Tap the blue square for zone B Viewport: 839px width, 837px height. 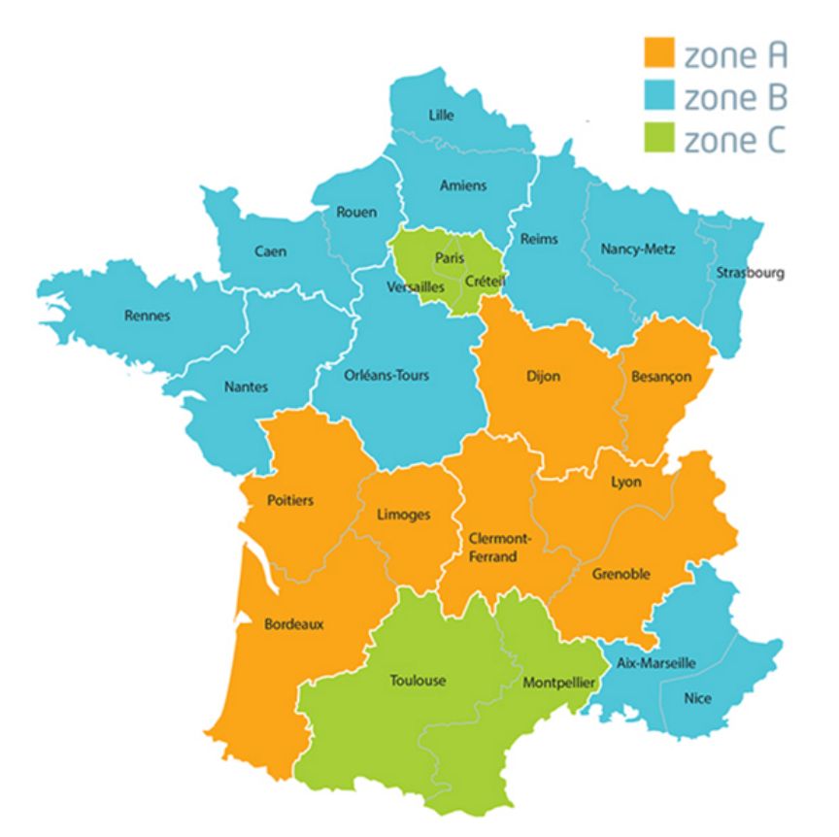(x=661, y=98)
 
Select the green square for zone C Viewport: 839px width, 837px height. (x=661, y=142)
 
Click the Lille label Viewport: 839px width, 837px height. (x=441, y=115)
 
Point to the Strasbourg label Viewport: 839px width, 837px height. (x=750, y=273)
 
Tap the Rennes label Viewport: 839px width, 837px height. (x=148, y=315)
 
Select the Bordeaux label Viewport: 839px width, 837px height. (x=294, y=624)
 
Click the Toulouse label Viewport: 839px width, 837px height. (x=418, y=680)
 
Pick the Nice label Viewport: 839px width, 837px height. (x=697, y=697)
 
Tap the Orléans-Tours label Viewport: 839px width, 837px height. (x=386, y=376)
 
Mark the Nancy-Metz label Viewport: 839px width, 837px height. (x=638, y=249)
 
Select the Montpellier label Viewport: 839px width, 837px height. (x=558, y=683)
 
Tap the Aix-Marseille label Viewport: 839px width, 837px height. (x=656, y=662)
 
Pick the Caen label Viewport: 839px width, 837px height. (x=271, y=251)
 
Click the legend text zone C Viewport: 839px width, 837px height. (x=735, y=142)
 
